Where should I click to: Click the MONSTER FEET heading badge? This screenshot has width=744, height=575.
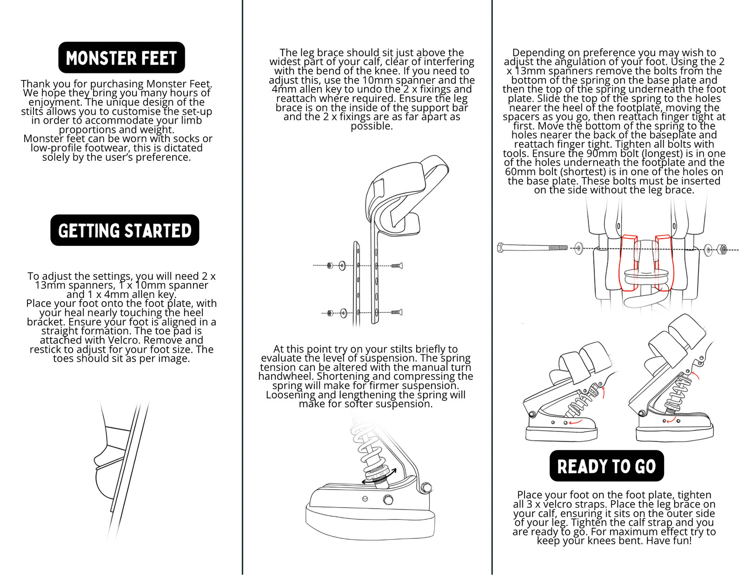pyautogui.click(x=121, y=58)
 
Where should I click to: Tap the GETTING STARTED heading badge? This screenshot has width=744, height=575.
pyautogui.click(x=125, y=230)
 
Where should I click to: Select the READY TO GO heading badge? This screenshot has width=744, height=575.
pyautogui.click(x=606, y=466)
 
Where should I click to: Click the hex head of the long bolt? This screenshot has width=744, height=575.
pyautogui.click(x=500, y=248)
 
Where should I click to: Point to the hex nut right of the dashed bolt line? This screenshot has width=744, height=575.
pyautogui.click(x=722, y=249)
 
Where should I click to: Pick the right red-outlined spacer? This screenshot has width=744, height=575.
pyautogui.click(x=664, y=263)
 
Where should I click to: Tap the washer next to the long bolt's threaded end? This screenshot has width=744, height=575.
pyautogui.click(x=579, y=248)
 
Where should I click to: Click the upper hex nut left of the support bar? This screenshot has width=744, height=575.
pyautogui.click(x=330, y=266)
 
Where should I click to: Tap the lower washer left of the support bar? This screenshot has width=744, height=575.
pyautogui.click(x=343, y=313)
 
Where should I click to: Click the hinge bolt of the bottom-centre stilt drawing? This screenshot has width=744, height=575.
pyautogui.click(x=425, y=488)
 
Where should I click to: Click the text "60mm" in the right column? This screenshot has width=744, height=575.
pyautogui.click(x=519, y=172)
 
